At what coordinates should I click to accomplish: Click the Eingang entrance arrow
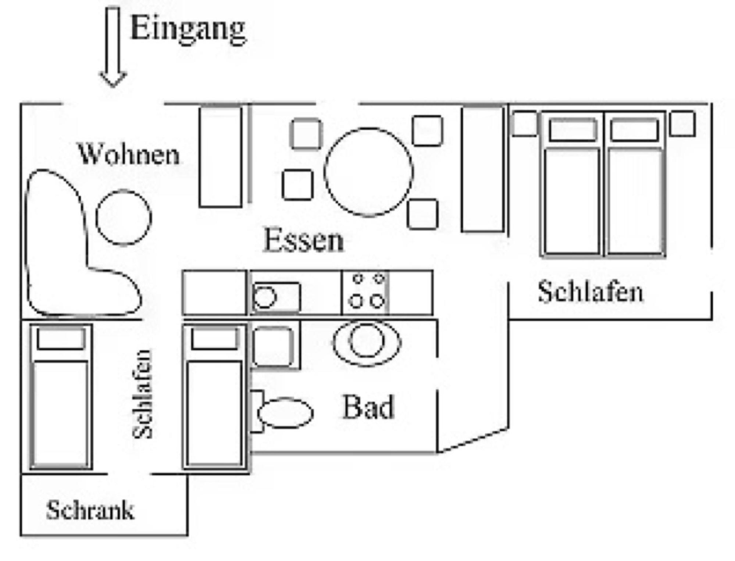click(114, 47)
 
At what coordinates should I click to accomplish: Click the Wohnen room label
click(129, 154)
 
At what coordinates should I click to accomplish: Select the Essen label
click(304, 240)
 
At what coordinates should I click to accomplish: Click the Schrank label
click(90, 510)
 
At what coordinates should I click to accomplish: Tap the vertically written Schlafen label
click(142, 394)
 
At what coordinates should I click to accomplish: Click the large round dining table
click(368, 172)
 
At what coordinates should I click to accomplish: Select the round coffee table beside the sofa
click(124, 217)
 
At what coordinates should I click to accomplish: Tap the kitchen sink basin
click(276, 297)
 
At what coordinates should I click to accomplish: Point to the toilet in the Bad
click(281, 412)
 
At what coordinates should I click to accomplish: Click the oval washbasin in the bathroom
click(367, 342)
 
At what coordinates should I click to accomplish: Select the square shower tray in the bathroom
click(275, 346)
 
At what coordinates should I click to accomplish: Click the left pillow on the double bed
click(572, 130)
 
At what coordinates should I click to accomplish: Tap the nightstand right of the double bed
click(682, 124)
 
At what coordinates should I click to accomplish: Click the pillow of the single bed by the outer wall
click(61, 339)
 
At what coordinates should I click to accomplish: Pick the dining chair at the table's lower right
click(423, 214)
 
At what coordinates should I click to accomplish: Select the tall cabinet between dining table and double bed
click(482, 169)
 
